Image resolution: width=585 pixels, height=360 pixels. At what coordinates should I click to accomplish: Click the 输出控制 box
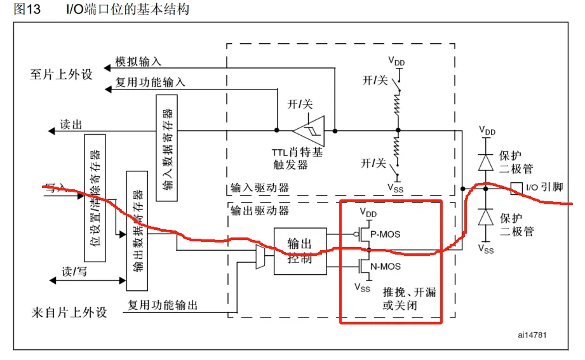point(300,251)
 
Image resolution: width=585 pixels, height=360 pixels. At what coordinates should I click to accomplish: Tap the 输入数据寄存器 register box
point(166,148)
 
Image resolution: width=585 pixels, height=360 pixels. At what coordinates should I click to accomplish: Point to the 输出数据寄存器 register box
point(137,230)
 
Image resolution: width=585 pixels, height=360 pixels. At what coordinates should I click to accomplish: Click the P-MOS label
point(386,234)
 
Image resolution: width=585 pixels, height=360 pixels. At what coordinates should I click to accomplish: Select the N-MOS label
point(386,266)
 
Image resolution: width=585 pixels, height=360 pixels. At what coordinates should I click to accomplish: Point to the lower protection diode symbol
point(487,218)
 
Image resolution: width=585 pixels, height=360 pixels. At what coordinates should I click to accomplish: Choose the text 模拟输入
point(138,62)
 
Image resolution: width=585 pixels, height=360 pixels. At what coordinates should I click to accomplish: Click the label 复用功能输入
point(151,83)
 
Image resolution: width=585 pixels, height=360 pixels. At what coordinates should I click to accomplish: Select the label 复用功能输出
point(163,305)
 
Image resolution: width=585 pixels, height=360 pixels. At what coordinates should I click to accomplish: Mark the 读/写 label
point(74,272)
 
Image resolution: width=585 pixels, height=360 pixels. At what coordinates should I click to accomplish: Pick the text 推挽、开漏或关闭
point(409,299)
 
